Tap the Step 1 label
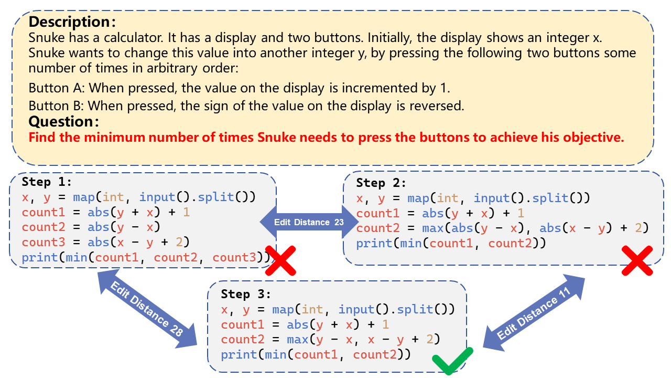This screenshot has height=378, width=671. point(47,182)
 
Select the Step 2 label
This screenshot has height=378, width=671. point(381,183)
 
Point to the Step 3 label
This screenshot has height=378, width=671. point(246,294)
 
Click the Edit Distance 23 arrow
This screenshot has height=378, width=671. point(309,222)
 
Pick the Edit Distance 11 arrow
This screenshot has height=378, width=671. point(534,313)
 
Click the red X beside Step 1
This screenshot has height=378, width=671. point(280,261)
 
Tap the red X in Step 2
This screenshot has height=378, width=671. point(637,261)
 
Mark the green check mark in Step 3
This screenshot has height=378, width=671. point(452,361)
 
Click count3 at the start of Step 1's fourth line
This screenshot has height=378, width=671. point(44,242)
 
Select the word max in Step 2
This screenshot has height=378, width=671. point(433,228)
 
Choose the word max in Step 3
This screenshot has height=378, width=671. point(298,340)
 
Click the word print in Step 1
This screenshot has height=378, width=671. point(40,258)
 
